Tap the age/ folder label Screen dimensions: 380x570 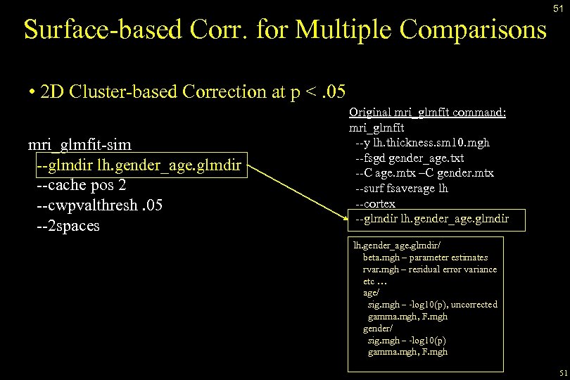tap(371, 293)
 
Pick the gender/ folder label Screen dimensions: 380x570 tap(377, 329)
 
